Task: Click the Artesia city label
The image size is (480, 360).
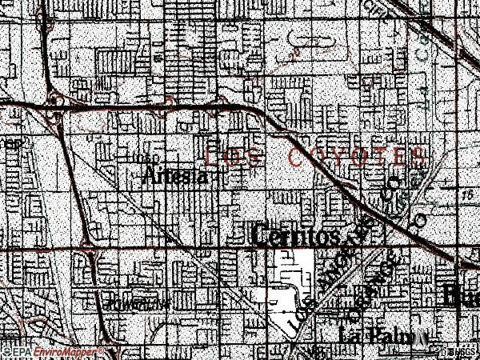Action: (x=178, y=177)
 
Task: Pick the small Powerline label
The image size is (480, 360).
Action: (x=136, y=304)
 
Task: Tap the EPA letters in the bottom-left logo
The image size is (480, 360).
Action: (x=20, y=351)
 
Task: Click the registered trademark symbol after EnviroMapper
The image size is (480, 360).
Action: (x=102, y=349)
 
